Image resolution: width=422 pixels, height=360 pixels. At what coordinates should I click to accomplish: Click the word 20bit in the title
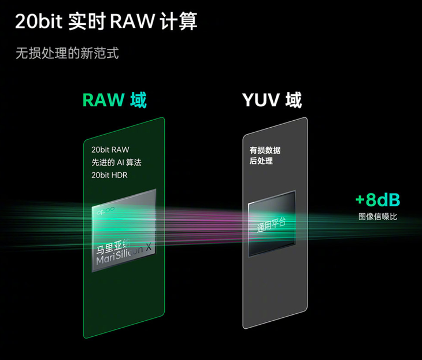coord(38,21)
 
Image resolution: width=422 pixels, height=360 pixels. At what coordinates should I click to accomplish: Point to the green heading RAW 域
coord(114,99)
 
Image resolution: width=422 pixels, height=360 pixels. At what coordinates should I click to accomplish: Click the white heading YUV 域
coord(272,99)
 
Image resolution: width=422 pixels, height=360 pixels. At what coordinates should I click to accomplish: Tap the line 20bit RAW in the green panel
coord(110,150)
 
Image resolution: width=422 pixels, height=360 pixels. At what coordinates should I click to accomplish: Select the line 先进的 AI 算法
coord(116,162)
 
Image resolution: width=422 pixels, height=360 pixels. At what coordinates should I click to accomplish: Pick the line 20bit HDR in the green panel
coord(109,175)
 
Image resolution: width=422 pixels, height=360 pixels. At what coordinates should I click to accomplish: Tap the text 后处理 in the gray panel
coord(261,161)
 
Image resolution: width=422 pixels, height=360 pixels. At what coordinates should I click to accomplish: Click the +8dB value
coord(377,200)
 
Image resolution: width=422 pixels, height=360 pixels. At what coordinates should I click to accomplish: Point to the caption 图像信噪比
coord(377,217)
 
